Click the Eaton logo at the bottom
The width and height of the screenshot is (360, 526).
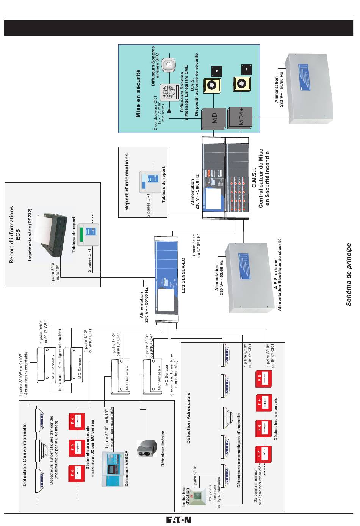[178, 520]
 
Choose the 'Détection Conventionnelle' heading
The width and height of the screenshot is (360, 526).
[25, 455]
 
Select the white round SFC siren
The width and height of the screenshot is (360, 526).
[168, 64]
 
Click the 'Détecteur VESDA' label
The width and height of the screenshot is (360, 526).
[127, 469]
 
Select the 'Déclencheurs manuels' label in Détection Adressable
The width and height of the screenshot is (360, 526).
[276, 419]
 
